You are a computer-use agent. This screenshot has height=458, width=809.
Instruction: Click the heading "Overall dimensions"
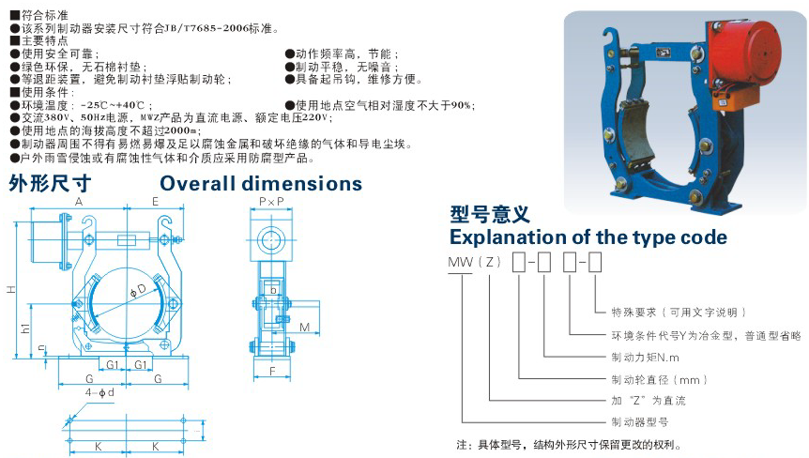[x=261, y=184]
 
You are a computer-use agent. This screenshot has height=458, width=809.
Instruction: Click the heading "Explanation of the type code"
[x=588, y=237]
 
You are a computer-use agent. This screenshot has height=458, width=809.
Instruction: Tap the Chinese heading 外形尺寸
[x=50, y=184]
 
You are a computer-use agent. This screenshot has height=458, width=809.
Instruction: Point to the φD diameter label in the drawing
[x=138, y=291]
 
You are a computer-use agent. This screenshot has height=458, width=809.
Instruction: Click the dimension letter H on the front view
[x=11, y=290]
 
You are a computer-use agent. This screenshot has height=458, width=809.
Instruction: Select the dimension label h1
[x=25, y=328]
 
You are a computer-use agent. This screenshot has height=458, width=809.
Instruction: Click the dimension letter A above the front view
[x=79, y=202]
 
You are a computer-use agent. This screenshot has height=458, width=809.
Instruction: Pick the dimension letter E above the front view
[x=155, y=202]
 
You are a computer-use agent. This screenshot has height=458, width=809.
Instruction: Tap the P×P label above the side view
[x=271, y=202]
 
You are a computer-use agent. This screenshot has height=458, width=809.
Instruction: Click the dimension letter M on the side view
[x=304, y=327]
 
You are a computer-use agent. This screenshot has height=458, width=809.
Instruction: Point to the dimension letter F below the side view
[x=272, y=371]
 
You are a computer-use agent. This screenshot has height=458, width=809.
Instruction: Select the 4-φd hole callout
[x=99, y=392]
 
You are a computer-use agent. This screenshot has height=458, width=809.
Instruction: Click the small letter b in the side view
[x=273, y=291]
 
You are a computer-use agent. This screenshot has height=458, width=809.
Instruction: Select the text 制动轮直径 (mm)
[x=659, y=379]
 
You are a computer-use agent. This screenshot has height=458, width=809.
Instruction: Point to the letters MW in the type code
[x=460, y=263]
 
